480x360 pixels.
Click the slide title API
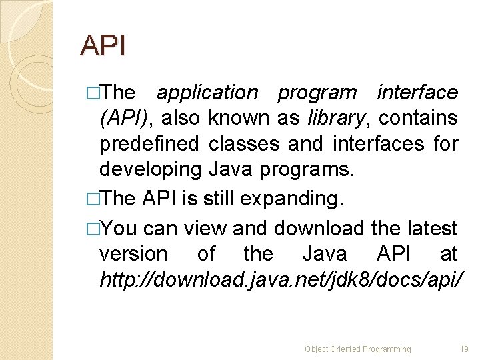coord(103,46)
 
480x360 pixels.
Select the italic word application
coord(207,92)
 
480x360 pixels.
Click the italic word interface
coord(417,92)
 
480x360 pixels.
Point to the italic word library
coord(337,119)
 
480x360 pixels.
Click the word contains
coord(418,119)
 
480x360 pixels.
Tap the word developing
coord(150,170)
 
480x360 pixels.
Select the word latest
coord(433,229)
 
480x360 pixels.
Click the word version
coord(133,254)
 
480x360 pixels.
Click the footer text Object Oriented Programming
coord(358,349)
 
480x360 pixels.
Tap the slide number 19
coord(465,349)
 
